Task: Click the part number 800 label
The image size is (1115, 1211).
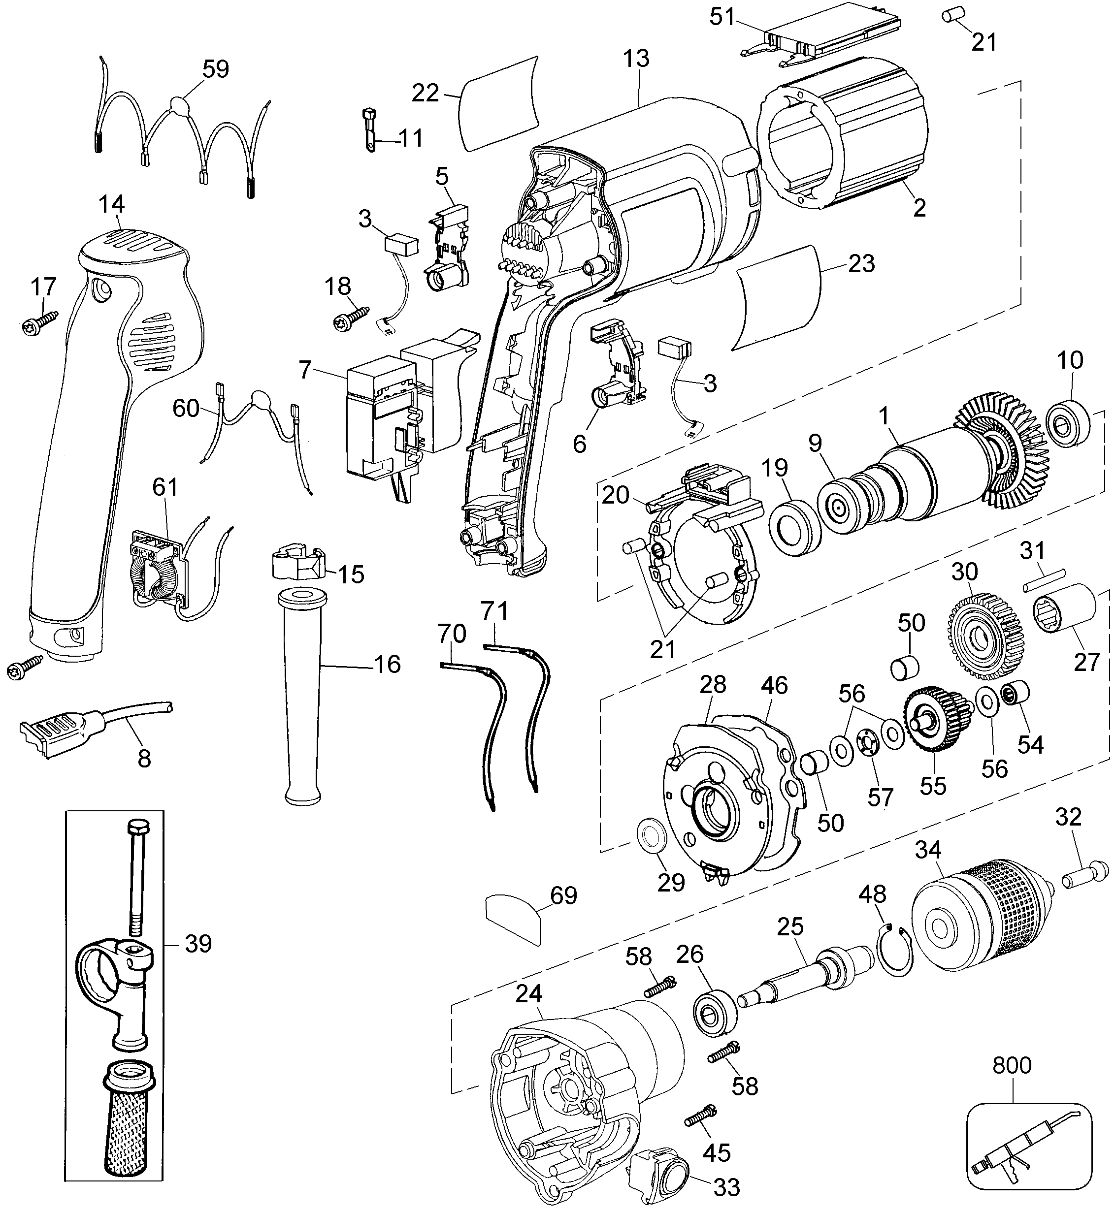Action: [x=1012, y=1066]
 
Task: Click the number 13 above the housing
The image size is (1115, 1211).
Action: [x=636, y=59]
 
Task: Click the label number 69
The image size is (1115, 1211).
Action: [x=563, y=895]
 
